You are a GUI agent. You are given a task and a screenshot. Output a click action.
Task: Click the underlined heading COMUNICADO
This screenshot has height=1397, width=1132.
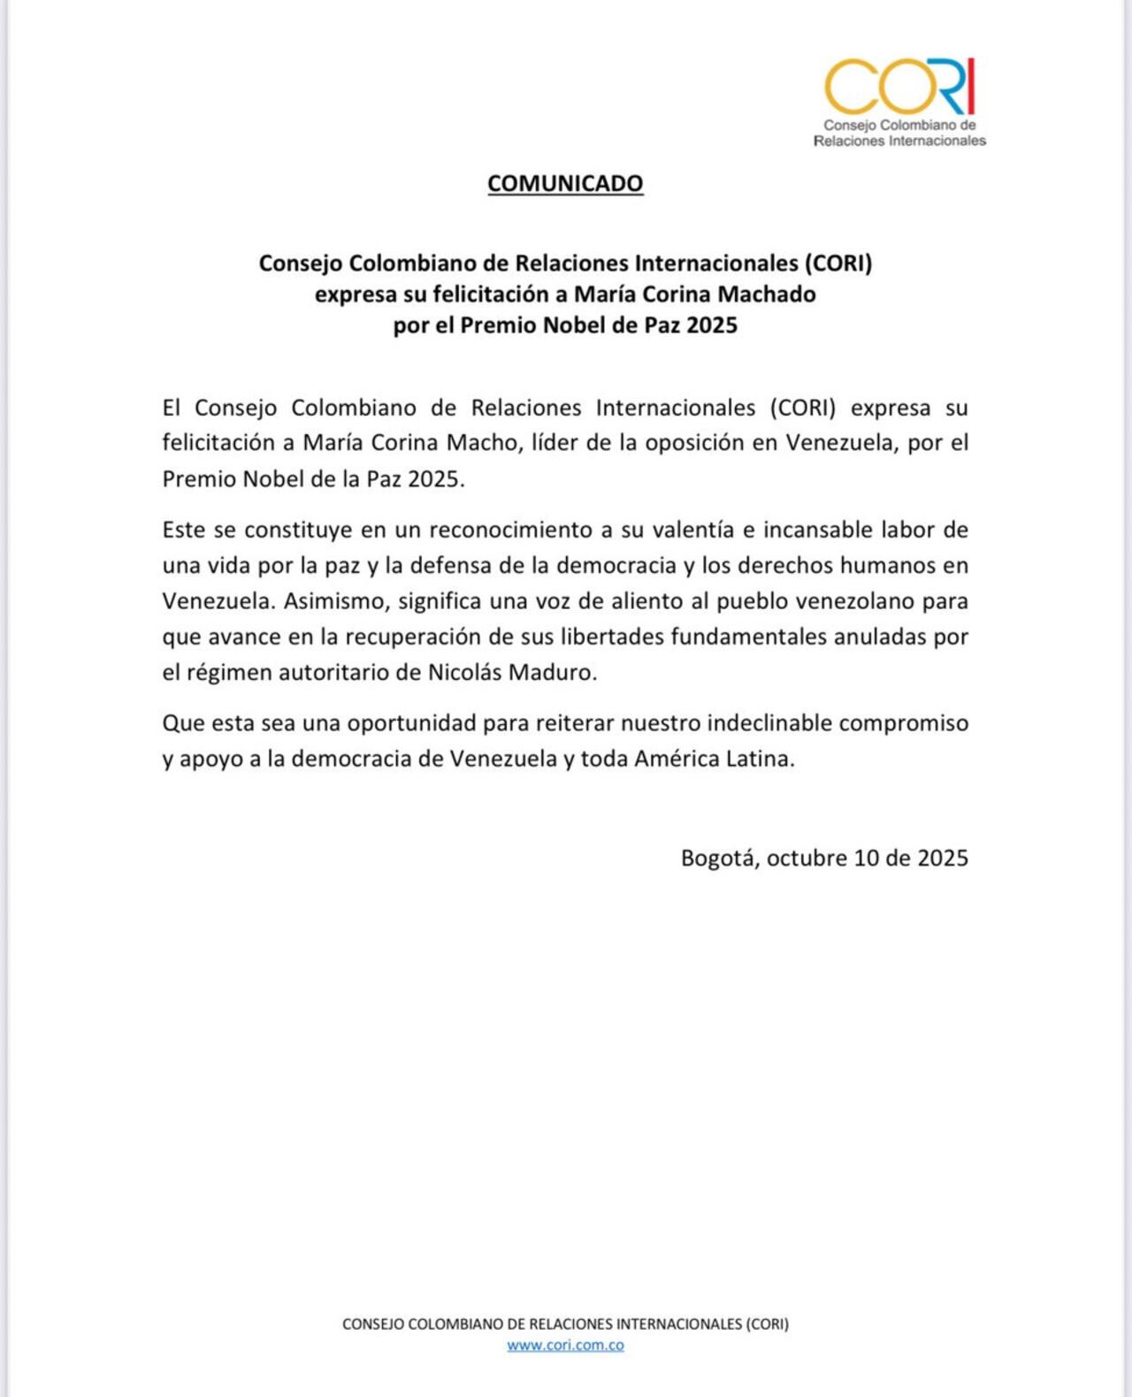[x=565, y=183]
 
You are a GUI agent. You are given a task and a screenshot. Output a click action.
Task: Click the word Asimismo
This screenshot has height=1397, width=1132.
[x=336, y=601]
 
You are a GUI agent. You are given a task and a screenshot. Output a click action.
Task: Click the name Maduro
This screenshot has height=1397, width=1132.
[x=556, y=672]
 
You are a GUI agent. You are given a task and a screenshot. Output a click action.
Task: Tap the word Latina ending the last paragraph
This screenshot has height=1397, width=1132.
[x=758, y=759]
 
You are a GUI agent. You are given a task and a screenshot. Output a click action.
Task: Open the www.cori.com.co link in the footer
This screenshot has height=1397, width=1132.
[x=565, y=1345]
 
